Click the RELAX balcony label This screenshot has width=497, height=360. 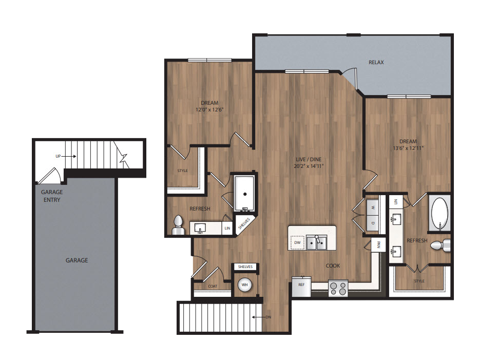[x=376, y=63]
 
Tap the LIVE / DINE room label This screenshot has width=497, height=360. [x=309, y=159]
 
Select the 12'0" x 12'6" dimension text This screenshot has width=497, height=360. [x=209, y=110]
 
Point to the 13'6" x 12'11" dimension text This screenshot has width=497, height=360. [x=408, y=148]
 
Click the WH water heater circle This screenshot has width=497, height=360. [x=245, y=285]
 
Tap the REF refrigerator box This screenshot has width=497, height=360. [x=301, y=287]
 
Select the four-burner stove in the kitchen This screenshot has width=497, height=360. [x=338, y=288]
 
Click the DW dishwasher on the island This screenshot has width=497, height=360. [x=297, y=243]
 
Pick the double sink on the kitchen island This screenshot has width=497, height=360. [x=316, y=243]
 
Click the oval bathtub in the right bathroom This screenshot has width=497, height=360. [x=439, y=214]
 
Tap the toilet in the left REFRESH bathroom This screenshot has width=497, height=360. [x=178, y=225]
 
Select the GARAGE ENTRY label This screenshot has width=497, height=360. [x=52, y=196]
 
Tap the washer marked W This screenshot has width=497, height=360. [x=373, y=207]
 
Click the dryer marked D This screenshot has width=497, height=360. [x=373, y=223]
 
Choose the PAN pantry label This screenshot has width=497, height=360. [x=378, y=244]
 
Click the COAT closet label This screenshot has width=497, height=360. [x=213, y=286]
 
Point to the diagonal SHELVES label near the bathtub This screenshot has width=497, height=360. [x=244, y=223]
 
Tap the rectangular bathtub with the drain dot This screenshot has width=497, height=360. [x=244, y=193]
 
